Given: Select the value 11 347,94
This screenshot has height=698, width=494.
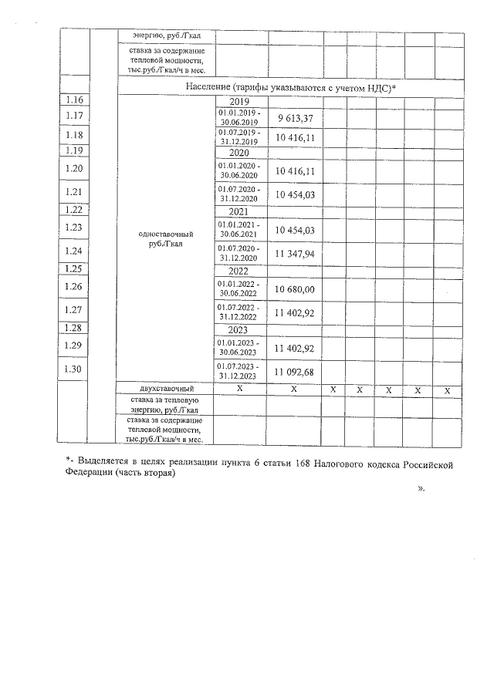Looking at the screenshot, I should point(294,252).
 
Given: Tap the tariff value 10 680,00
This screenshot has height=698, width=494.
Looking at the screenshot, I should point(294,288).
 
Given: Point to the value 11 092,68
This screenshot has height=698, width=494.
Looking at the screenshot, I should point(294,372).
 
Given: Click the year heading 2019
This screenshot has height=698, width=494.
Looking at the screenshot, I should point(240,101).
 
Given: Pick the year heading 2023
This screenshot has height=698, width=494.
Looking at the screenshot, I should point(240,330).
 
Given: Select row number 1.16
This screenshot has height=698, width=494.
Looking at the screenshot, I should point(74,99).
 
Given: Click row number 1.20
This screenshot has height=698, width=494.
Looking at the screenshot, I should point(74,168).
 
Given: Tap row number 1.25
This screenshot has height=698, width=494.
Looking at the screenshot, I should point(74,269).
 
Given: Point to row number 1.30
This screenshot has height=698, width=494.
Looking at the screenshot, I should point(74,369).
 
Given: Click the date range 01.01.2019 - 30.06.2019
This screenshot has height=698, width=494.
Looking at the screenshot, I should point(239,117).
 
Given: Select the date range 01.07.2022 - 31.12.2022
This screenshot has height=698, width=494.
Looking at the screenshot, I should point(239,312).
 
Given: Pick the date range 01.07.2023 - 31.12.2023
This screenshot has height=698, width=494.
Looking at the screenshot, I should point(239,371).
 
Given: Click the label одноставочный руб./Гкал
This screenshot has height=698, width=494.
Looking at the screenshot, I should point(165,238).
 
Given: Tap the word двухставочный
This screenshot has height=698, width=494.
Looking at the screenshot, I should point(165,389).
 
